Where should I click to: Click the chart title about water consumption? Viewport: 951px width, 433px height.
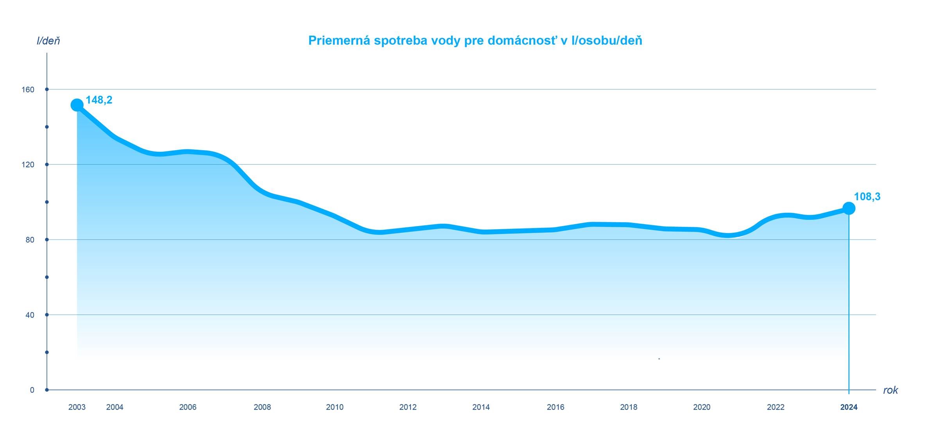tap(475, 41)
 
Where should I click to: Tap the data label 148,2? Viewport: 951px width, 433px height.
tap(99, 100)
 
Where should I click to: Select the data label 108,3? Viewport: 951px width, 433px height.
tap(867, 197)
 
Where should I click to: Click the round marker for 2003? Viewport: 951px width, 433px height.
tap(77, 105)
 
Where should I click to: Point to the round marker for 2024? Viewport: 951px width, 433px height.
tap(849, 208)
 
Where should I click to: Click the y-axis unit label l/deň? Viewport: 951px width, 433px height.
tap(48, 41)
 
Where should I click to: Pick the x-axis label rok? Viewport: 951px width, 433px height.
tap(890, 390)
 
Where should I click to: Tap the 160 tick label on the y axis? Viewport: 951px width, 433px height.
tap(28, 90)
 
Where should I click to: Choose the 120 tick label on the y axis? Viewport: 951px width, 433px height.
tap(28, 165)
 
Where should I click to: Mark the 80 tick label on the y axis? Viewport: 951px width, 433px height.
tap(30, 240)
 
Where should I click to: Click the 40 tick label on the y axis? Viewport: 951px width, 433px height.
tap(30, 315)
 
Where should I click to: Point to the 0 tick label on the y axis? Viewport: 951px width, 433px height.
tap(32, 390)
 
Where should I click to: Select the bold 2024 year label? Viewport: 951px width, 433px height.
tap(849, 407)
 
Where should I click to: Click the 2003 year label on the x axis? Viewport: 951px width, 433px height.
tap(77, 407)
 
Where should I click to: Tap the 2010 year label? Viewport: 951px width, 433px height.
tap(335, 407)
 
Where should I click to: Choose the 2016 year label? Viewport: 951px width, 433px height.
tap(555, 407)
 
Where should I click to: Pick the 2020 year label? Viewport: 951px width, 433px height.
tap(702, 407)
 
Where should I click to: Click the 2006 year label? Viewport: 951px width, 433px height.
tap(188, 407)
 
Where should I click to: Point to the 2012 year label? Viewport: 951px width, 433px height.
tap(408, 407)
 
